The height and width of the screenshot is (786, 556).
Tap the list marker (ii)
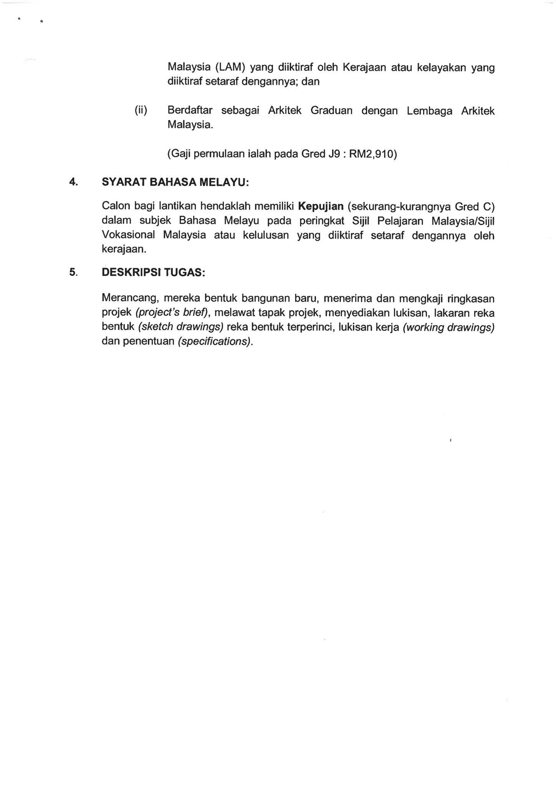[x=141, y=111]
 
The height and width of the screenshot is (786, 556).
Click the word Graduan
[x=331, y=111]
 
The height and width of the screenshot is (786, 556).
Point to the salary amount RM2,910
[x=371, y=154]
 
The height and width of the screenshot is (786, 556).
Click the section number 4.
[x=73, y=182]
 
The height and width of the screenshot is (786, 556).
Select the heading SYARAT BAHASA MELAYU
[x=175, y=182]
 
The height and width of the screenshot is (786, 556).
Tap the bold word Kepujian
[x=321, y=206]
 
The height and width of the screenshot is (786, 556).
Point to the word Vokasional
[x=128, y=234]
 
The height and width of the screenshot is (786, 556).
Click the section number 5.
[x=73, y=272]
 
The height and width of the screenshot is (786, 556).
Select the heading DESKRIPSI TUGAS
[x=153, y=272]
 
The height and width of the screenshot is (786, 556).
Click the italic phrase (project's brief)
[x=171, y=313]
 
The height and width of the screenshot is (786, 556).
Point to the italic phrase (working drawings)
[x=448, y=327]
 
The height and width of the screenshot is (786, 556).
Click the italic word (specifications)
[x=214, y=342]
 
